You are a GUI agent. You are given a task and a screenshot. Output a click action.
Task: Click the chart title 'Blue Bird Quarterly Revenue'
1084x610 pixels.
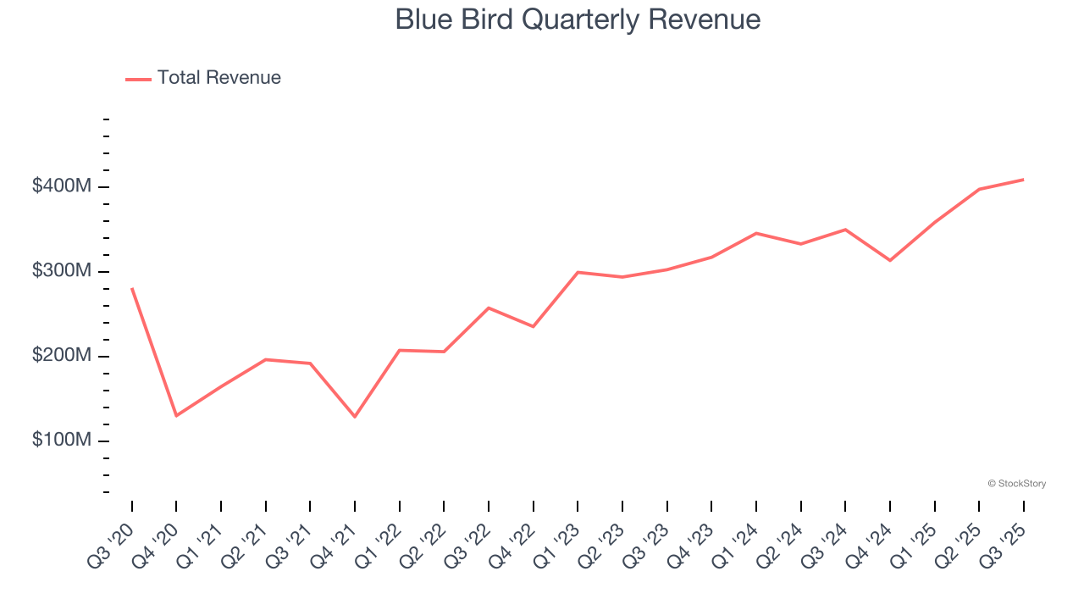coord(578,19)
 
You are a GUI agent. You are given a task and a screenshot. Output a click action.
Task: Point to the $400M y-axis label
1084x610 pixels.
coord(61,186)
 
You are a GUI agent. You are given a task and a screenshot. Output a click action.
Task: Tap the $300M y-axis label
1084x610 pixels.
coord(61,271)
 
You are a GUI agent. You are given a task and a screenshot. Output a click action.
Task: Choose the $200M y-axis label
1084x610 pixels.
coord(61,356)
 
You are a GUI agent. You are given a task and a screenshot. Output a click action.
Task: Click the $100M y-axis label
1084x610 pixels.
coord(61,441)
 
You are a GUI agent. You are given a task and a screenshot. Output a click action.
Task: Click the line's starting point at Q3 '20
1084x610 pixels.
coord(132,289)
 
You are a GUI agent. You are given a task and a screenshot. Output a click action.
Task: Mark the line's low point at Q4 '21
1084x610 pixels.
coord(355,417)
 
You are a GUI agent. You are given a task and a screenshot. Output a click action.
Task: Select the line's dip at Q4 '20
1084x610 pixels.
coord(176,416)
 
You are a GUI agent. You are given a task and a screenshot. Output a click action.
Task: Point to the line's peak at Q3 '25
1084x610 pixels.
coord(1023,180)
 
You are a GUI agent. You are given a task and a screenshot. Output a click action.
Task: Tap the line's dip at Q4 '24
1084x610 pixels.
coord(890,260)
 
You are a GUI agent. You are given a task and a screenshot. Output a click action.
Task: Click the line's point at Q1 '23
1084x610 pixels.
coord(578,272)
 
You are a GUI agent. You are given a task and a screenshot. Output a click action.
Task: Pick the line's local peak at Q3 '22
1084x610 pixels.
coord(489,308)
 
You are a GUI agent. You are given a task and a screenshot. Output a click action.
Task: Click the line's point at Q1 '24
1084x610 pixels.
coord(756,233)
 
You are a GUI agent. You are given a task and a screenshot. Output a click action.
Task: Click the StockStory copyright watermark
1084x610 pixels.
coord(1016,484)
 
